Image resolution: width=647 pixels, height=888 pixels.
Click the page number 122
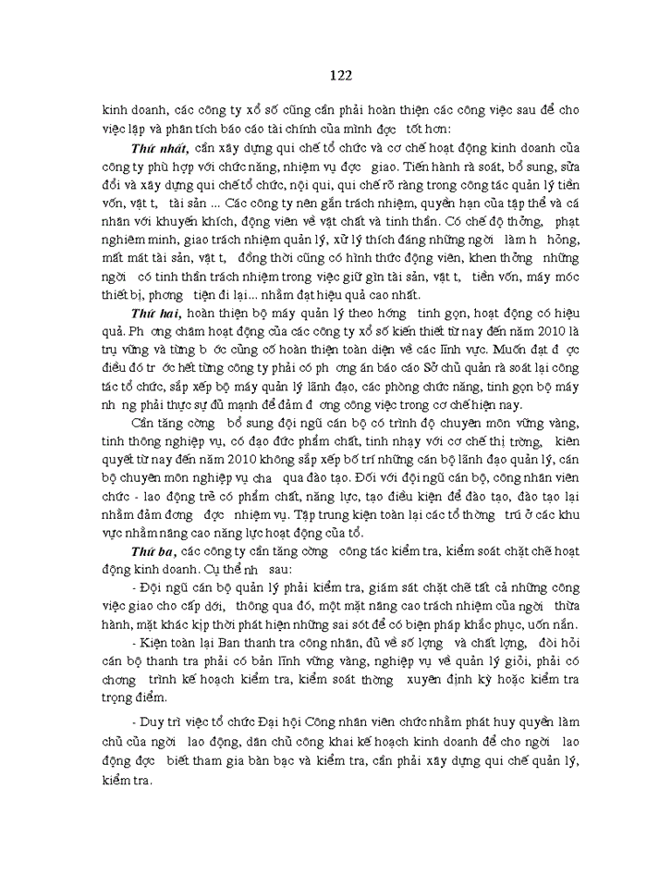(340, 75)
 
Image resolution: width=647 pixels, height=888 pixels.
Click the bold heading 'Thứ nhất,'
(162, 147)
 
